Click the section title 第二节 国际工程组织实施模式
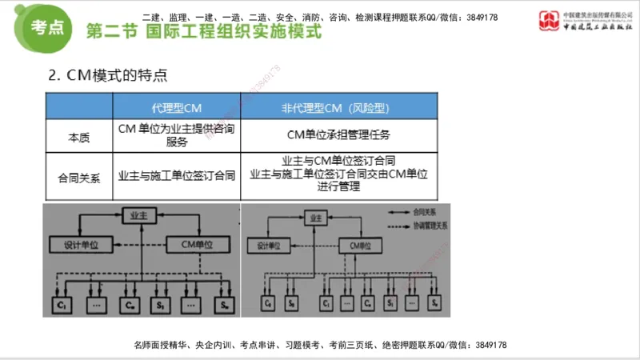[x=203, y=33]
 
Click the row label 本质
[x=79, y=137]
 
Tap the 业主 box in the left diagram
[x=136, y=215]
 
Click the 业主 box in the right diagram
[x=314, y=217]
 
